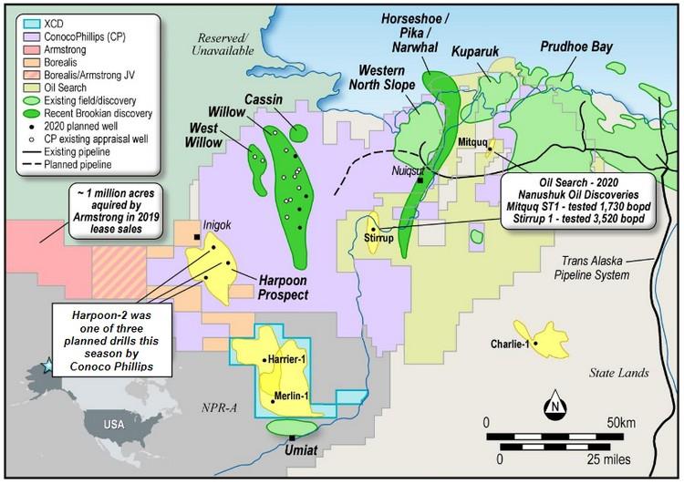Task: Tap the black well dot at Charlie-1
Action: pyautogui.click(x=535, y=344)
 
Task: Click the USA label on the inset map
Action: pyautogui.click(x=113, y=425)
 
